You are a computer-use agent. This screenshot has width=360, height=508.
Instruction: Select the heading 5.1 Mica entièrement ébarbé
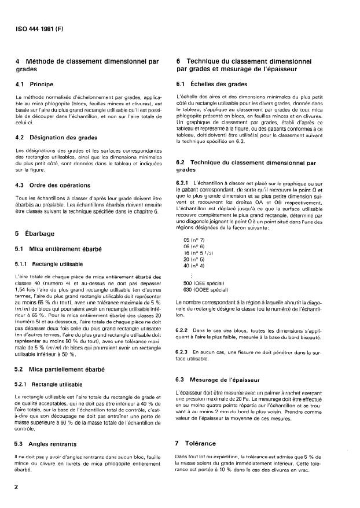56,249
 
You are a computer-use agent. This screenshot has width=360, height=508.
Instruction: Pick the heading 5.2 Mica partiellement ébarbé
57,367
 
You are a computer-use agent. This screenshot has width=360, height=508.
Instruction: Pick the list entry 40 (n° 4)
196,266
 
